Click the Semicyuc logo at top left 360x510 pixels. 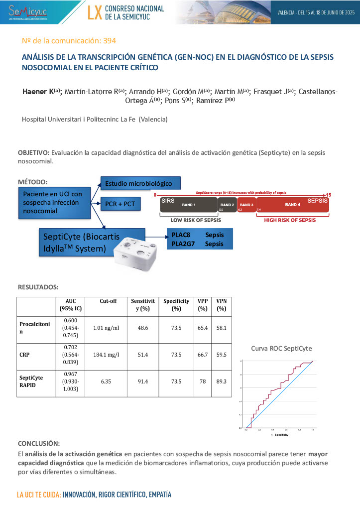click(x=24, y=11)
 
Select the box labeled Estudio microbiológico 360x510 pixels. click(x=140, y=184)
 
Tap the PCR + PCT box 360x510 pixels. click(x=120, y=204)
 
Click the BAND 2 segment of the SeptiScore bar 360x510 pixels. click(x=227, y=205)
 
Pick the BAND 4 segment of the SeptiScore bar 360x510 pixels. click(x=293, y=205)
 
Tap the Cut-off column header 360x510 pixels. click(x=108, y=301)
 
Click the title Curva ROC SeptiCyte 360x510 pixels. click(x=281, y=349)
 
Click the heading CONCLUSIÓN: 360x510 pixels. click(x=39, y=443)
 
